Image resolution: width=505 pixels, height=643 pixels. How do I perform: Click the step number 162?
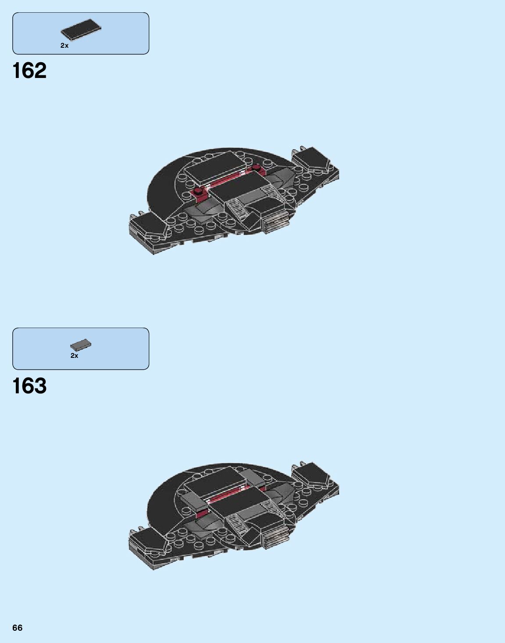(x=29, y=71)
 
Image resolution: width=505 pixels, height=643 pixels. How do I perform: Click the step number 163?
(x=29, y=386)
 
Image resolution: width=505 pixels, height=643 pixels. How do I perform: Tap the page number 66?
(x=17, y=628)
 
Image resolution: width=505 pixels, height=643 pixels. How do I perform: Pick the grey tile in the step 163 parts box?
(x=81, y=345)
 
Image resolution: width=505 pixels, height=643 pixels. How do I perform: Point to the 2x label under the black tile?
(x=64, y=46)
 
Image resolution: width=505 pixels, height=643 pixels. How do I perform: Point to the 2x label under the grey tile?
(x=74, y=356)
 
